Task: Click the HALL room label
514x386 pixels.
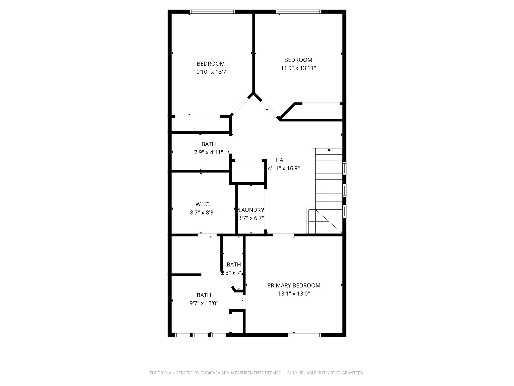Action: tap(282, 160)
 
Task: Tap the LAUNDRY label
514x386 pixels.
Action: tap(251, 210)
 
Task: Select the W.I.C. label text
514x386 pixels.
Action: tap(203, 204)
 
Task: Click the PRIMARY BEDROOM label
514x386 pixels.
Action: tap(294, 285)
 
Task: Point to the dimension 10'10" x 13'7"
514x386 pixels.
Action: tap(211, 72)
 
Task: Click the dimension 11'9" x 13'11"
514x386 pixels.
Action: tap(298, 68)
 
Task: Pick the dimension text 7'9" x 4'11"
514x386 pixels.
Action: tap(209, 152)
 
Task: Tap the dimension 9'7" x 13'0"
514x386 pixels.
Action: tap(204, 303)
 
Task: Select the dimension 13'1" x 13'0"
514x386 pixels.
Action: tap(294, 294)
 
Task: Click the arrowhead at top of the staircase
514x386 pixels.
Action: tap(329, 150)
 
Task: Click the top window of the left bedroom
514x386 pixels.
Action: tap(212, 12)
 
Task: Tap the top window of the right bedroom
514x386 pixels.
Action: tap(299, 12)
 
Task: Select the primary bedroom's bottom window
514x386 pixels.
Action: tap(304, 335)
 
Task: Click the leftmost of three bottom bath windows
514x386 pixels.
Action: tap(182, 335)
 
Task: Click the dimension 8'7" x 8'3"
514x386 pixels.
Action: tap(203, 213)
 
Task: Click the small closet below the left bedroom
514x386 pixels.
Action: tap(200, 124)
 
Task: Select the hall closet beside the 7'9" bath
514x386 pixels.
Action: tap(248, 172)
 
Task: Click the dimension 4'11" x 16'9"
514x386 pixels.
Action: tap(284, 168)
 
